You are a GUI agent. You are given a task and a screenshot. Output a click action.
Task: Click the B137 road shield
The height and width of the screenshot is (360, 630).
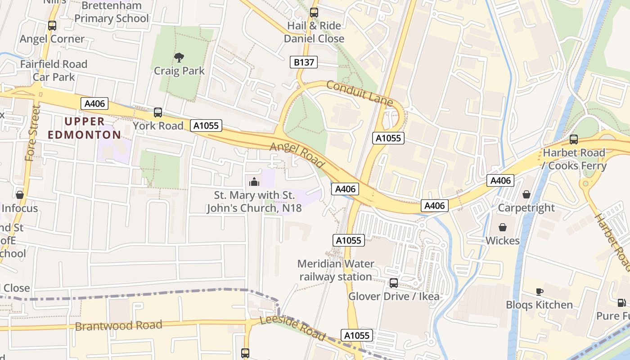pyautogui.click(x=304, y=62)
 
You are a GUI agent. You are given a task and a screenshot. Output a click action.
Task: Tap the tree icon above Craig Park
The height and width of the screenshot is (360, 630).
pyautogui.click(x=179, y=58)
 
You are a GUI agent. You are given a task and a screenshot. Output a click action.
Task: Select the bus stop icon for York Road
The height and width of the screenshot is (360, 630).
pyautogui.click(x=158, y=112)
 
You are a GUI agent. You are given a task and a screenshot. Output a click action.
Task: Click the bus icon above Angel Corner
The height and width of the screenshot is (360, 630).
pyautogui.click(x=52, y=26)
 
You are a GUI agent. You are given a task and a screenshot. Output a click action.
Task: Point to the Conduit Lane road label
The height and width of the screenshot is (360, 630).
pyautogui.click(x=360, y=93)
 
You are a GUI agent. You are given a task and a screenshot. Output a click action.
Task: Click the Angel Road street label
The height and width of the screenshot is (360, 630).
pyautogui.click(x=297, y=156)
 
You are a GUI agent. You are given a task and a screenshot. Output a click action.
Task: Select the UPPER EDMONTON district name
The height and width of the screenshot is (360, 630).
pyautogui.click(x=85, y=128)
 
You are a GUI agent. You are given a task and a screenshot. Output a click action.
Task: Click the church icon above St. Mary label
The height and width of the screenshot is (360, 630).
pyautogui.click(x=254, y=182)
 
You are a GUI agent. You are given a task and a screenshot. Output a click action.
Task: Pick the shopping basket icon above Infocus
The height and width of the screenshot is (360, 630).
pyautogui.click(x=20, y=195)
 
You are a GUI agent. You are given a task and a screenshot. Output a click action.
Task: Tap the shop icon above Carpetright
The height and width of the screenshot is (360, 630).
pyautogui.click(x=526, y=194)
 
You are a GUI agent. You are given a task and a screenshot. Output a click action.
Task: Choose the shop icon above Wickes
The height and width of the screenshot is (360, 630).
pyautogui.click(x=502, y=227)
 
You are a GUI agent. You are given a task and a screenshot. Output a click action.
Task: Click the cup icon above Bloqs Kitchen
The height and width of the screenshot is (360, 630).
pyautogui.click(x=539, y=292)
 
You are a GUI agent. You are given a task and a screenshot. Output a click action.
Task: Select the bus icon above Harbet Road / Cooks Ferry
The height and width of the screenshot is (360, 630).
pyautogui.click(x=573, y=139)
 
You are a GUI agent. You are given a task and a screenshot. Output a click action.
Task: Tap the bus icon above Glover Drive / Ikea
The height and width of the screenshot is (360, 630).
pyautogui.click(x=394, y=283)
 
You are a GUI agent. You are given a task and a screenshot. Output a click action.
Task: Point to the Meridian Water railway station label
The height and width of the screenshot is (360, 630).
pyautogui.click(x=336, y=270)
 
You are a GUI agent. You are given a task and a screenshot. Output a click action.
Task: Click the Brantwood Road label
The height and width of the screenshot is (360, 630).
pyautogui.click(x=118, y=325)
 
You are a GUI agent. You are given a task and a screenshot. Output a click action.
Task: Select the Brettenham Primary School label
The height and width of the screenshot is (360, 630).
pyautogui.click(x=111, y=12)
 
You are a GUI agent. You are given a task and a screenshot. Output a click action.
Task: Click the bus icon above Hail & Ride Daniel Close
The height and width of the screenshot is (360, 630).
pyautogui.click(x=314, y=13)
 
